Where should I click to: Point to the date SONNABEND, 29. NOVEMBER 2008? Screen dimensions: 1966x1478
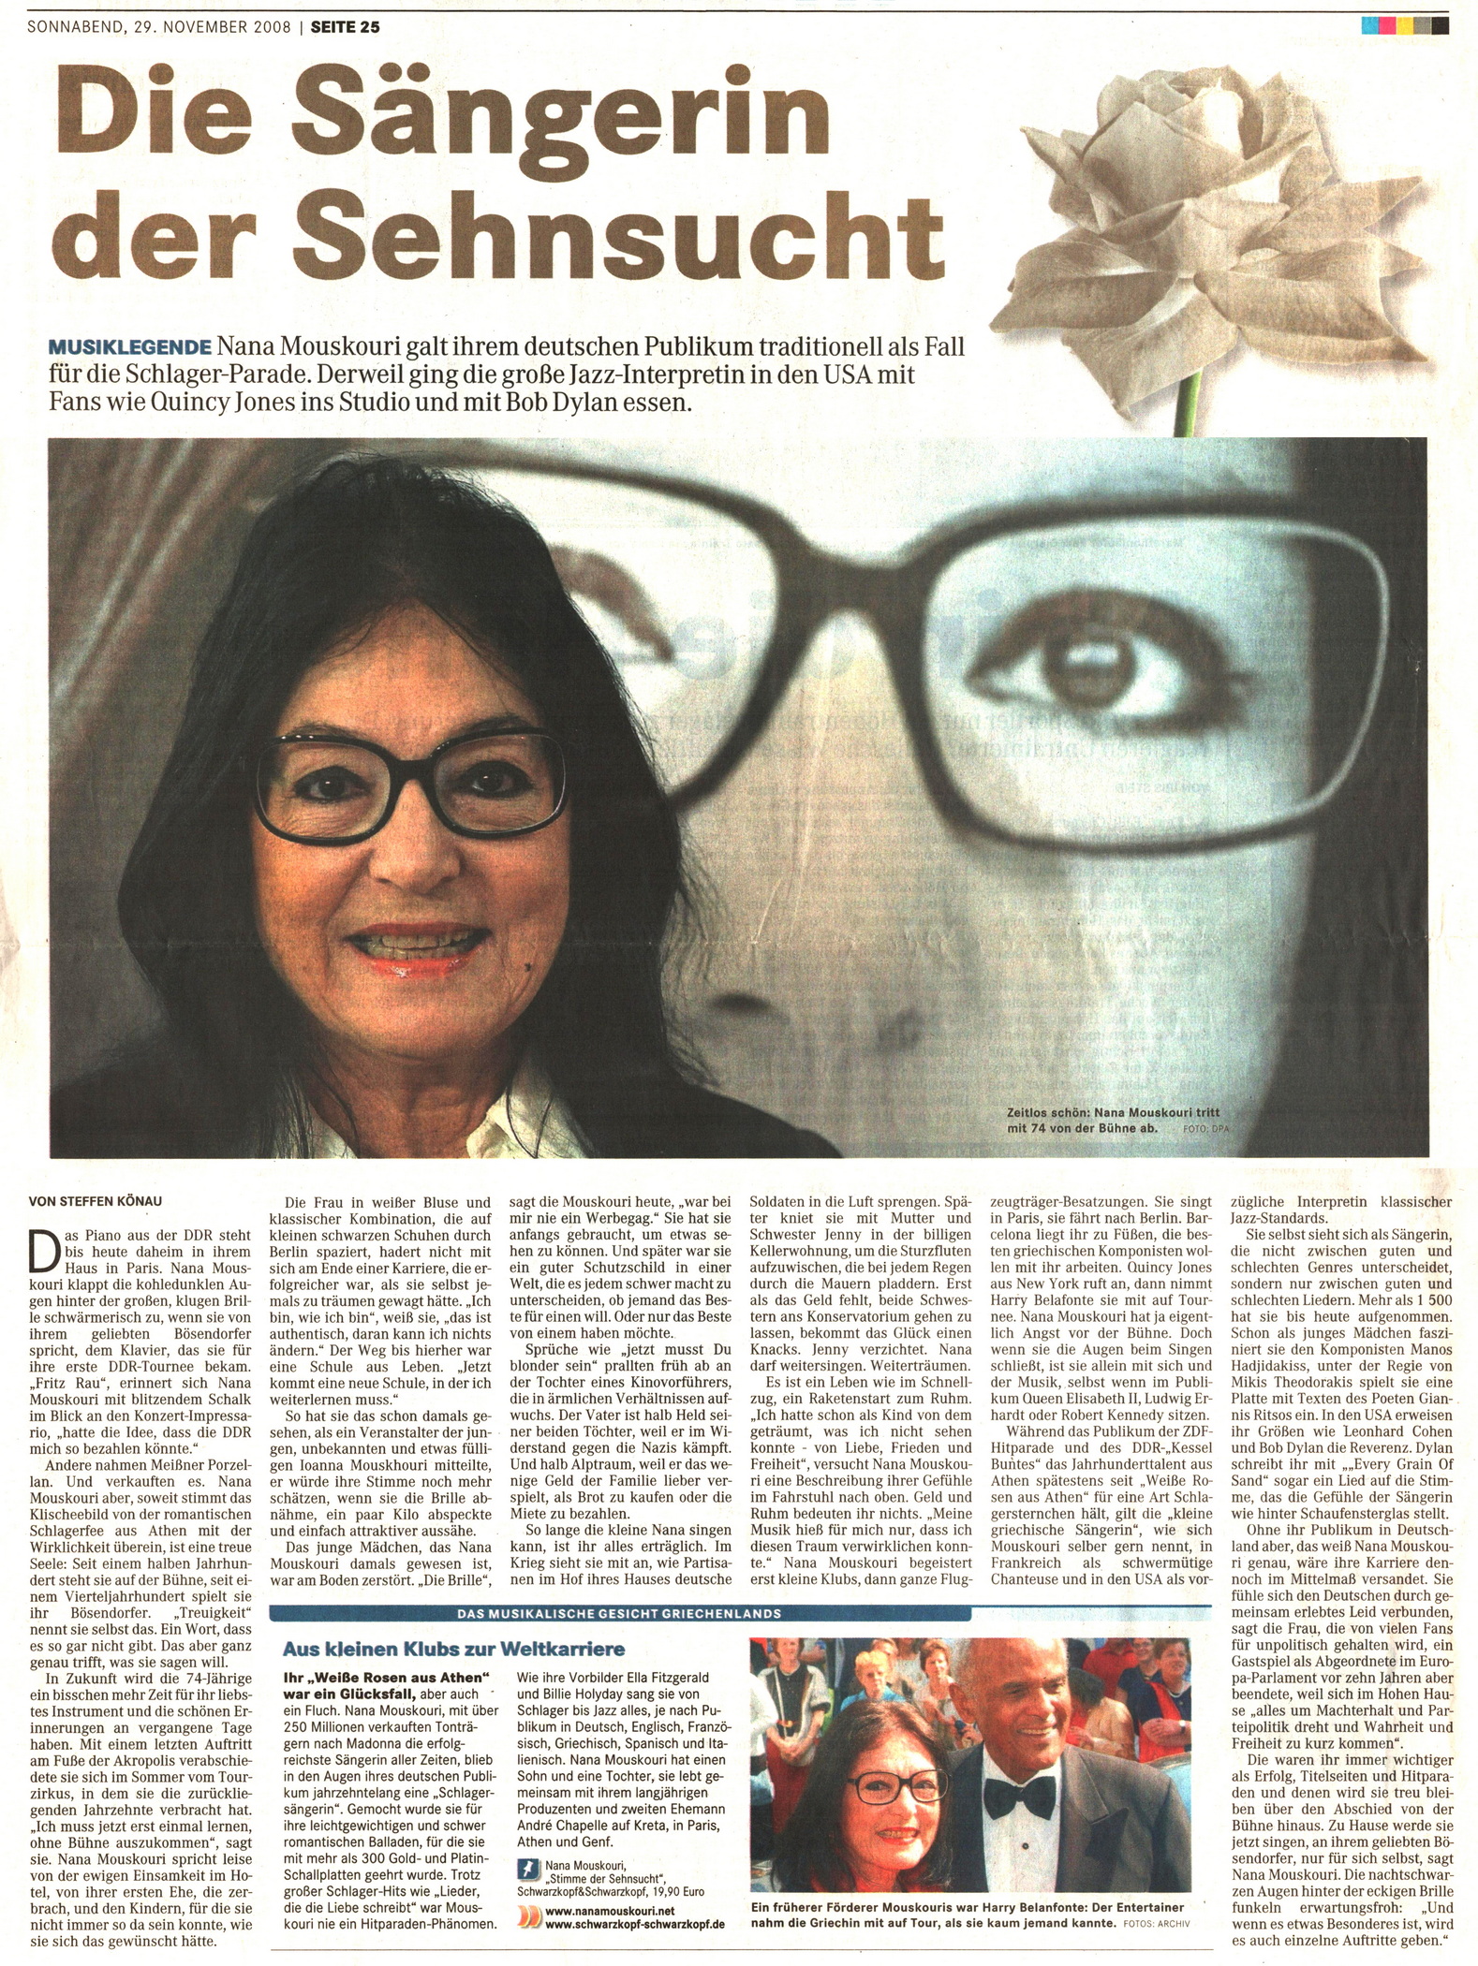[159, 27]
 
